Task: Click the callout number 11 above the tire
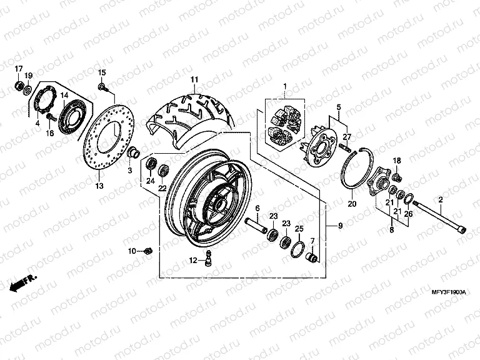click(194, 79)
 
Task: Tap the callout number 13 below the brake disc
click(99, 186)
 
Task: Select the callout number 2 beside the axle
click(440, 199)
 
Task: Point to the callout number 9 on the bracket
click(341, 225)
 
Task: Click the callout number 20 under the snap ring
click(351, 204)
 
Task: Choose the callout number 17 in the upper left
click(18, 68)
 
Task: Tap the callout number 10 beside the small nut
click(132, 251)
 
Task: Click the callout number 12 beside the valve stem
click(194, 259)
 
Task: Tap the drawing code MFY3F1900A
click(449, 292)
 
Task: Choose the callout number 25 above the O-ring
click(299, 229)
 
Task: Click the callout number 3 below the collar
click(130, 171)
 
